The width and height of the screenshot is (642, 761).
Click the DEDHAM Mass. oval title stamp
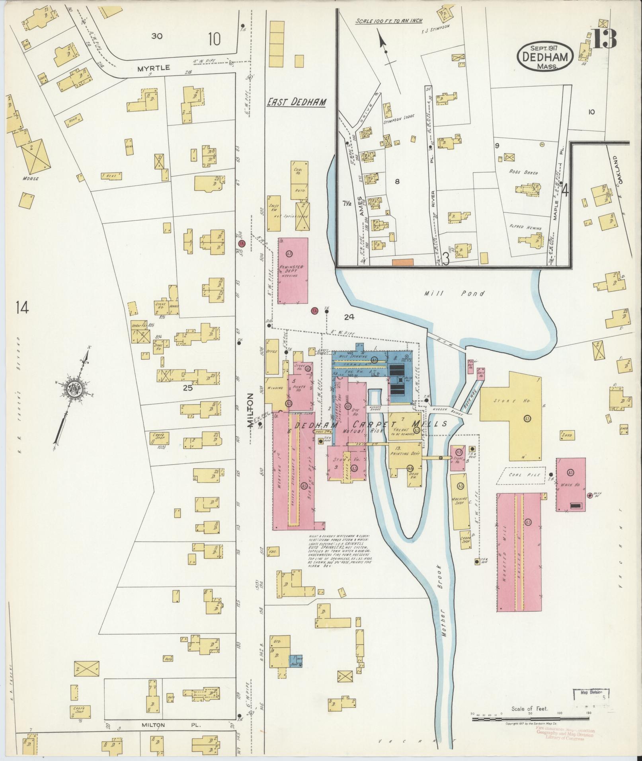click(545, 57)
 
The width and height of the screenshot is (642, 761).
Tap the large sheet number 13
click(604, 39)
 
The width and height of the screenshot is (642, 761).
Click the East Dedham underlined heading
click(296, 102)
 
